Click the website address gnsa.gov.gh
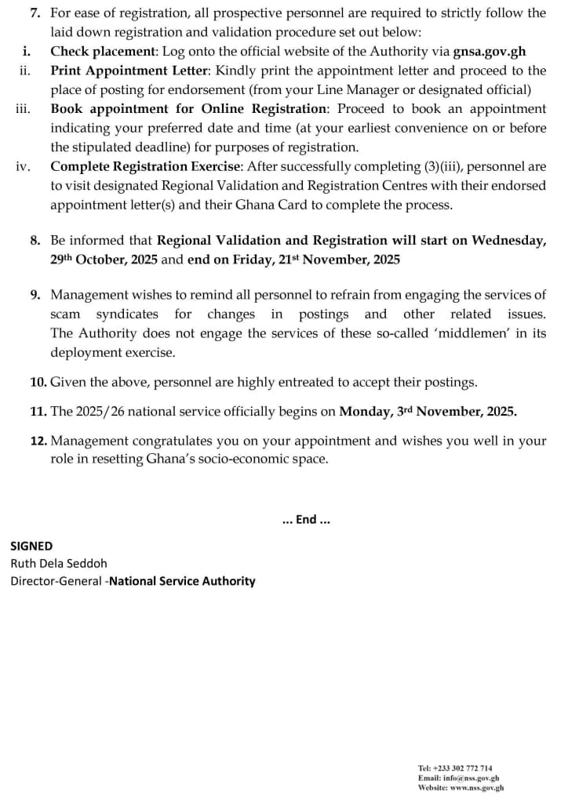(x=490, y=52)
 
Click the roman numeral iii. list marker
(x=23, y=109)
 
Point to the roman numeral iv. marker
(x=24, y=166)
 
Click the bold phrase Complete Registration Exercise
(x=144, y=166)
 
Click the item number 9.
(x=36, y=295)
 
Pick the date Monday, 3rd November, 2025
(x=428, y=411)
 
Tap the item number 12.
(x=38, y=441)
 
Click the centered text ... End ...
(x=305, y=519)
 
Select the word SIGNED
(x=31, y=546)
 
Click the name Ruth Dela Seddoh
(x=59, y=563)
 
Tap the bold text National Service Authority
(x=182, y=581)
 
